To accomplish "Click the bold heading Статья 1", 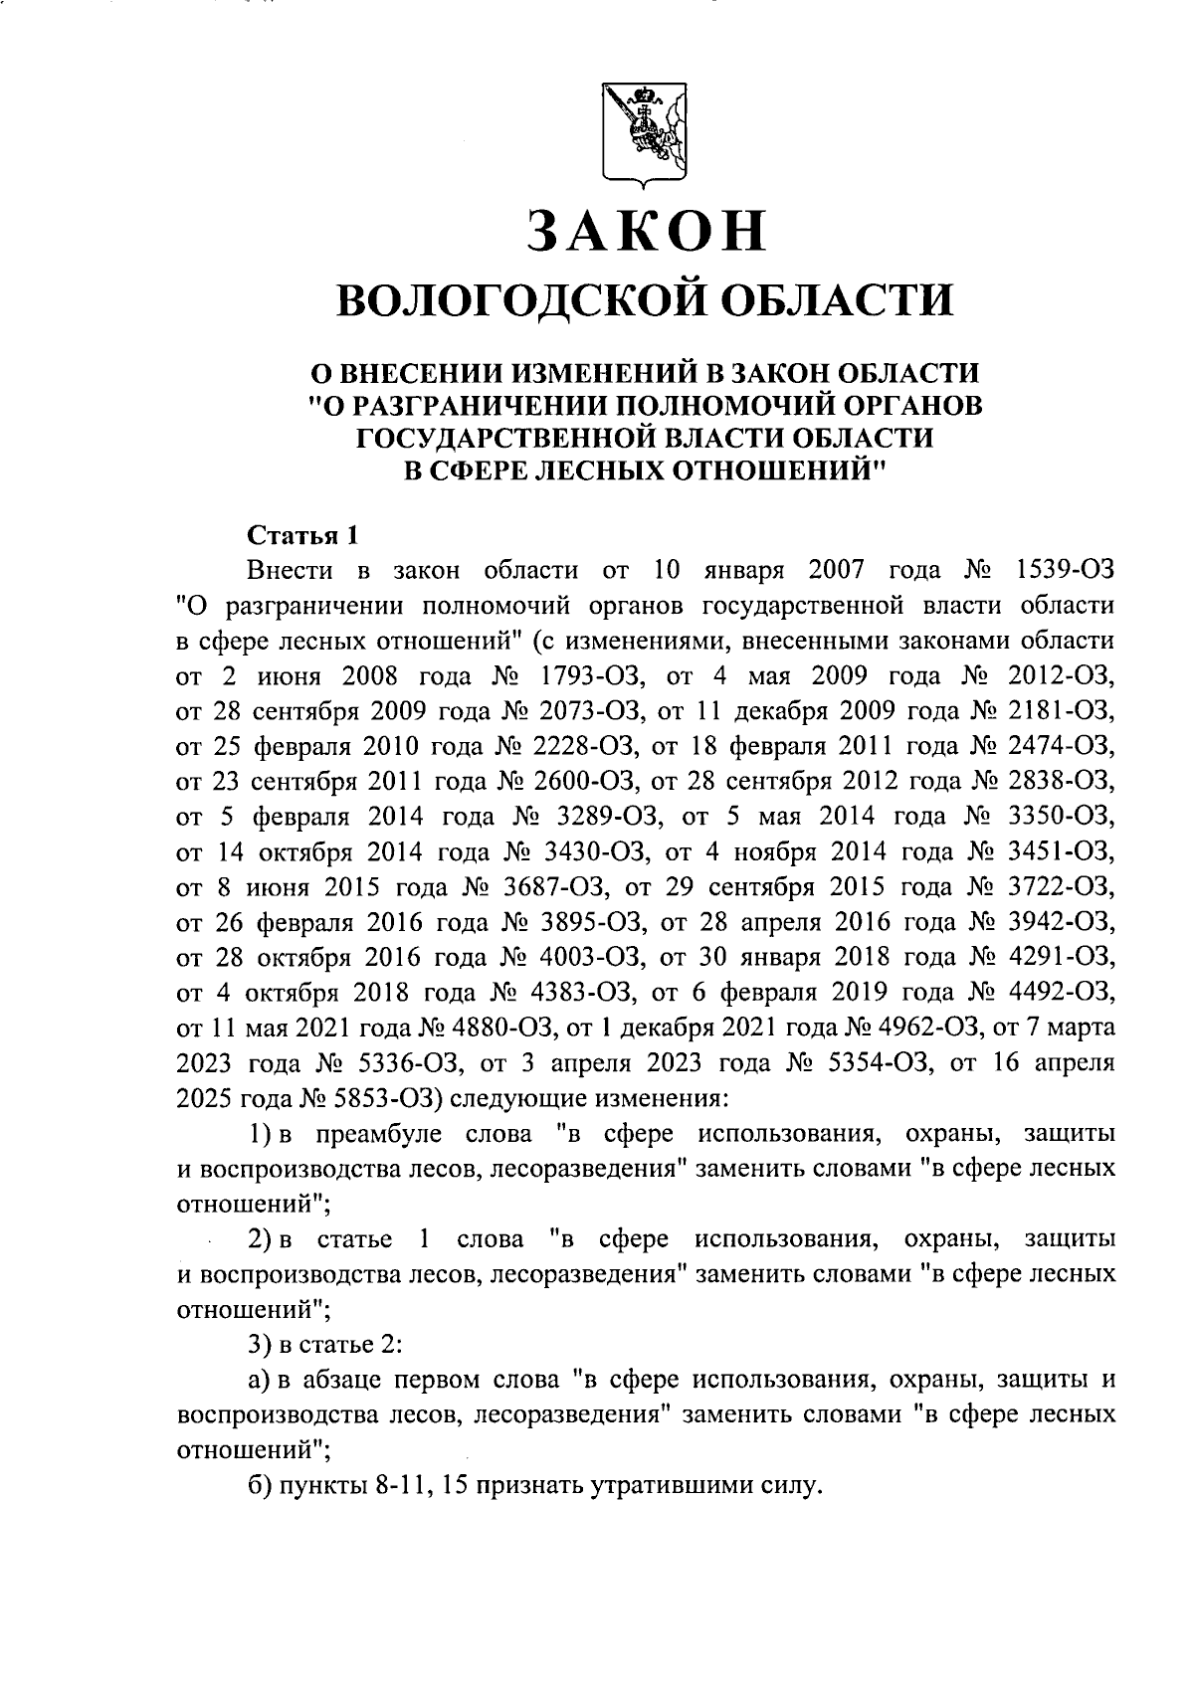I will coord(301,536).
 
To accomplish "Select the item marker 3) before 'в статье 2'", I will coord(259,1345).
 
